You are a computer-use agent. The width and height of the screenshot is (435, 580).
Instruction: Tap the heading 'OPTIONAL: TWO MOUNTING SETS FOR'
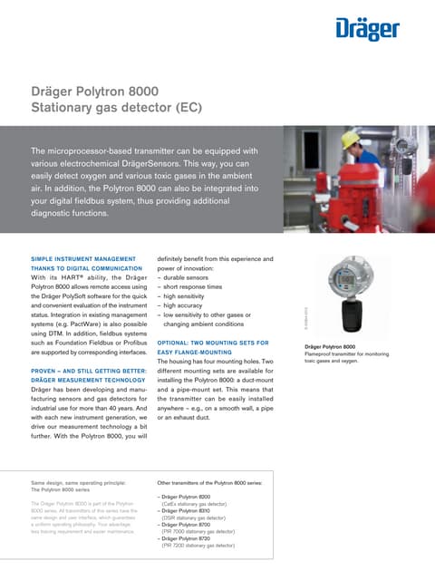(x=213, y=343)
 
